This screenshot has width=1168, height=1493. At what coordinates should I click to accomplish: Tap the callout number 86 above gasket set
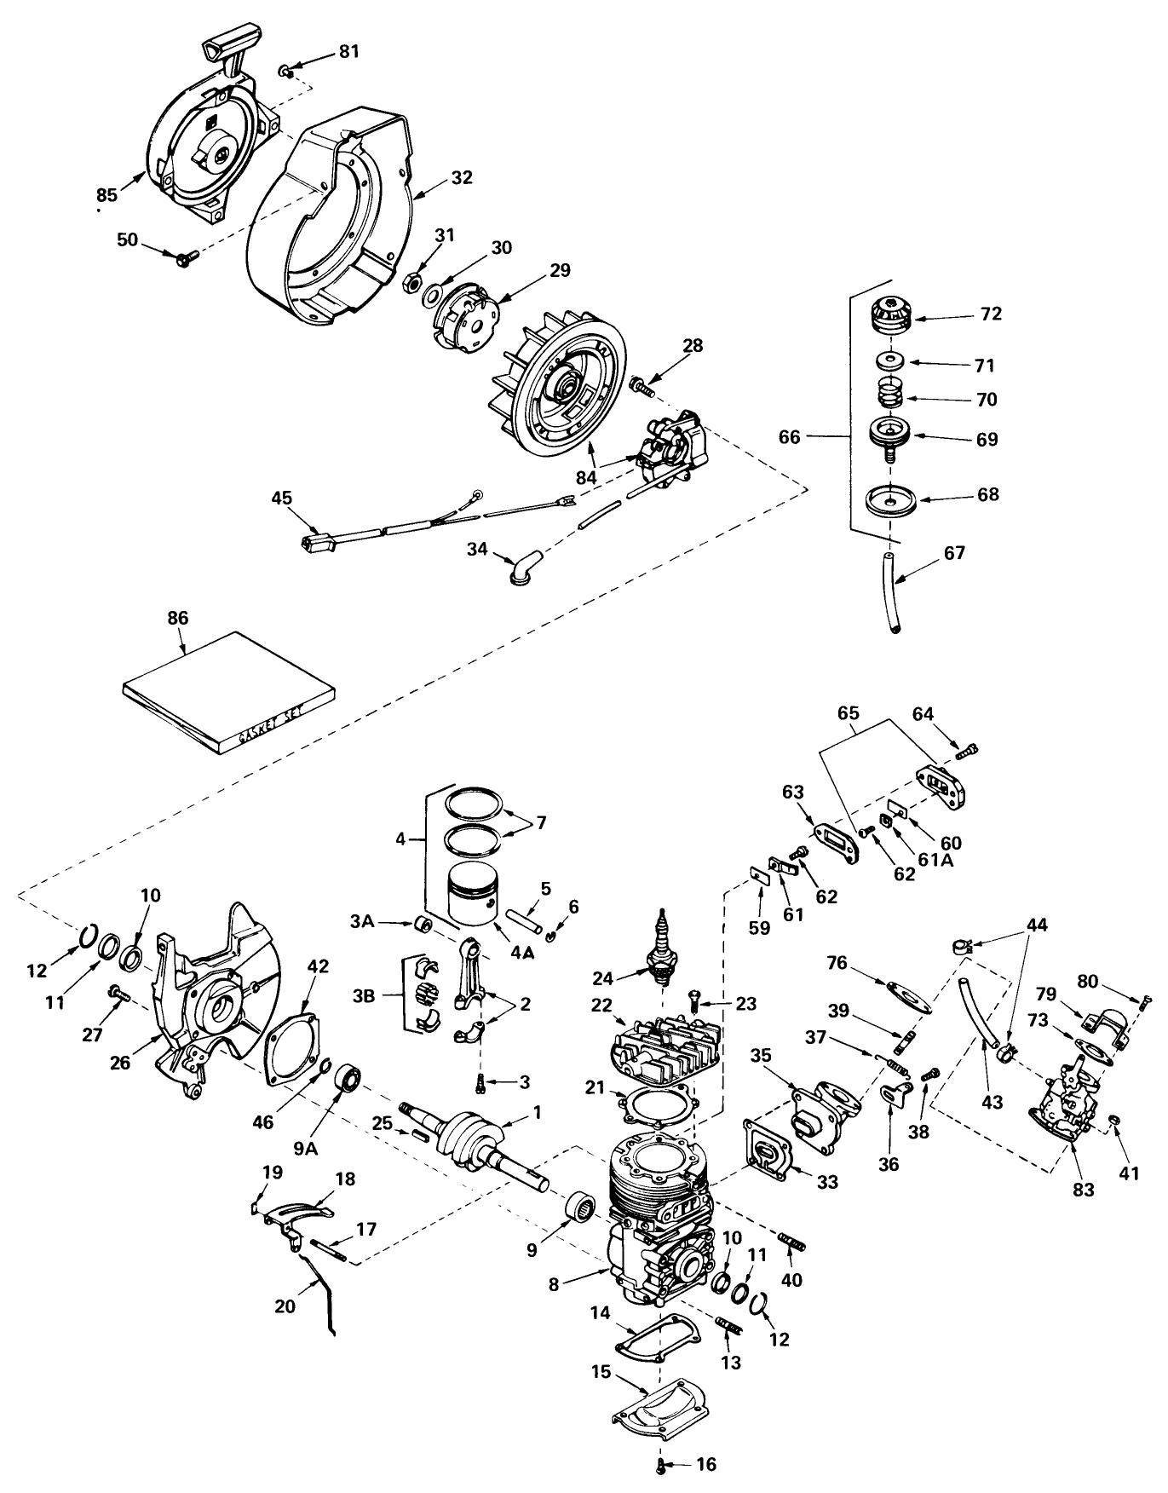(178, 618)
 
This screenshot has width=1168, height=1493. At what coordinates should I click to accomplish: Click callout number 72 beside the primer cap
(991, 314)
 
